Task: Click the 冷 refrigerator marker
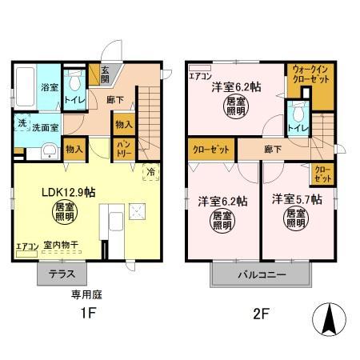(x=150, y=170)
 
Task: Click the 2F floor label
(x=262, y=314)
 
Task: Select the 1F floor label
(x=87, y=314)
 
